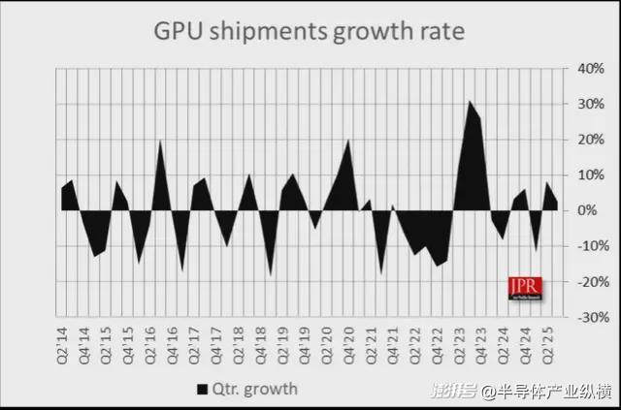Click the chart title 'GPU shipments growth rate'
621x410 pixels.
pyautogui.click(x=310, y=31)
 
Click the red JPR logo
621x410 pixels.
pyautogui.click(x=525, y=287)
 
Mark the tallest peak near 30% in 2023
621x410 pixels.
pyautogui.click(x=470, y=102)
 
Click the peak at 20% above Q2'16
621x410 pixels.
pyautogui.click(x=160, y=142)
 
